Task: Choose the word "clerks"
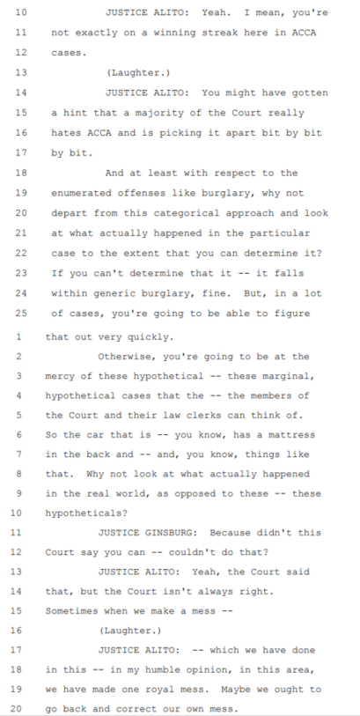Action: click(169, 416)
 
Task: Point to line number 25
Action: click(21, 314)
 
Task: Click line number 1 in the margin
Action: click(18, 337)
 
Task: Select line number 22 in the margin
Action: click(21, 253)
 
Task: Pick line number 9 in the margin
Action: click(18, 493)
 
